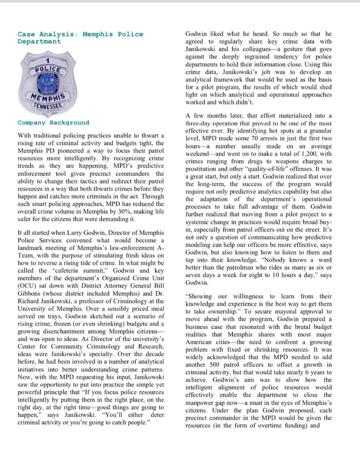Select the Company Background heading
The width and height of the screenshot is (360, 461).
(53, 122)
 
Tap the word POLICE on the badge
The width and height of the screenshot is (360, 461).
(49, 69)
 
